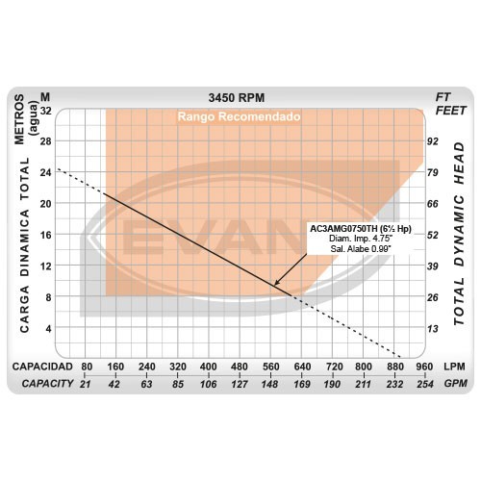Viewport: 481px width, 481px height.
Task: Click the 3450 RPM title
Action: click(x=237, y=98)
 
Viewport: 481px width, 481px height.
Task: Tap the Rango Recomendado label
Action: click(x=239, y=116)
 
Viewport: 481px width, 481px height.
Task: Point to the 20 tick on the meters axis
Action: click(x=45, y=204)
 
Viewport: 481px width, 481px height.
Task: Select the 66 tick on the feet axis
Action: click(x=432, y=204)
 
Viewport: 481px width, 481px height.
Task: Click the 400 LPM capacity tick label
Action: click(x=208, y=367)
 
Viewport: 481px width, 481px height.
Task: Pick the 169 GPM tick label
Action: click(x=302, y=384)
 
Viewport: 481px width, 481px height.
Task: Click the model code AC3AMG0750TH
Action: click(x=343, y=229)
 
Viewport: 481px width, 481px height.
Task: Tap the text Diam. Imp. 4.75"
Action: click(x=361, y=239)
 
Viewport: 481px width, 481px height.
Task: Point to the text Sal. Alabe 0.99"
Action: click(x=361, y=248)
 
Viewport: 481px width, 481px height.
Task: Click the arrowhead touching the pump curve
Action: click(x=276, y=283)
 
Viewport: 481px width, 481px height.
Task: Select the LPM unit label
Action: click(x=454, y=367)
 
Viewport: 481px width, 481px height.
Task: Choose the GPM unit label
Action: click(x=455, y=383)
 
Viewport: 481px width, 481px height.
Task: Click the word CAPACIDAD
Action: click(x=42, y=367)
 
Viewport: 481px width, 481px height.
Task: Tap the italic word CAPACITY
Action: click(x=47, y=383)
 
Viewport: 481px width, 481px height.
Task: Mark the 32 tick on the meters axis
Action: click(x=45, y=111)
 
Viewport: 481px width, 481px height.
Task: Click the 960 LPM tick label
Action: click(x=424, y=367)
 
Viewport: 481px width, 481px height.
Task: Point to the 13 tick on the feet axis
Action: click(x=432, y=329)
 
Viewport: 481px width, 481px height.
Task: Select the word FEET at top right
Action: click(x=450, y=111)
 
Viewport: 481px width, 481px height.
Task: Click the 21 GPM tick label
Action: click(x=85, y=384)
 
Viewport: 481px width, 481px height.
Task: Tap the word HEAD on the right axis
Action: click(x=459, y=164)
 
